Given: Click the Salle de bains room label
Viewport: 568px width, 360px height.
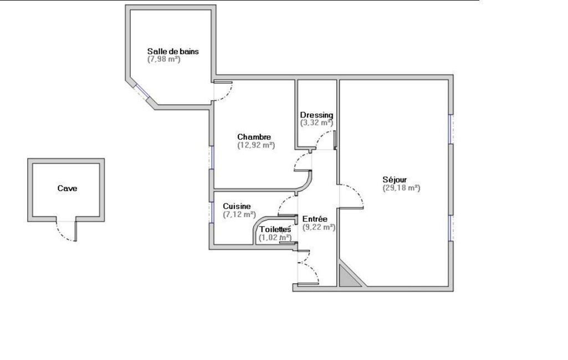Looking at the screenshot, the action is click(173, 52).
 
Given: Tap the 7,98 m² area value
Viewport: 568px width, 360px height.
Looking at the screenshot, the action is click(163, 59).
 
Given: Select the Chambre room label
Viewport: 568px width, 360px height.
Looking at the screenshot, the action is click(254, 137).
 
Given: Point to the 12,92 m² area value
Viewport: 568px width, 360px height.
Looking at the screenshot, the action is click(256, 145).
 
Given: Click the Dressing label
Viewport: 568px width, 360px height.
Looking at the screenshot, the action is click(316, 115).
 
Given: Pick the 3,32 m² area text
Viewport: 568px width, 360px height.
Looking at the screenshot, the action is click(316, 122).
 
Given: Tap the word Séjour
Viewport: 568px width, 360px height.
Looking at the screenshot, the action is click(395, 179).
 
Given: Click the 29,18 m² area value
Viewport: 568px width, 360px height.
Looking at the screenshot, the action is click(401, 188).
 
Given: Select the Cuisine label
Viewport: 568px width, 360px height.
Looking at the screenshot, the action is click(237, 206).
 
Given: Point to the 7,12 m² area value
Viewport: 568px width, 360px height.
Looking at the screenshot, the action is click(239, 214).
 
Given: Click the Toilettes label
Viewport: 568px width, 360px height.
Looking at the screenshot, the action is click(275, 230).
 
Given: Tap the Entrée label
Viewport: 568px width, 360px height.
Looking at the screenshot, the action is click(315, 219).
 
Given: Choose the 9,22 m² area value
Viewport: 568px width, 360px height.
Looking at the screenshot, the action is click(319, 227).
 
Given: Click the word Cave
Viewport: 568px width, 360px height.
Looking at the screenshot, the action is click(67, 188).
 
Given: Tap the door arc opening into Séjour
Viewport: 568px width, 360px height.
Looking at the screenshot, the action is click(357, 193).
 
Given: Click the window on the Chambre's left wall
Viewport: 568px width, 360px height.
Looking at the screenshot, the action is click(212, 157).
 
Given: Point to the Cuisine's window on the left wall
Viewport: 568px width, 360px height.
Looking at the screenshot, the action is click(212, 212).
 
